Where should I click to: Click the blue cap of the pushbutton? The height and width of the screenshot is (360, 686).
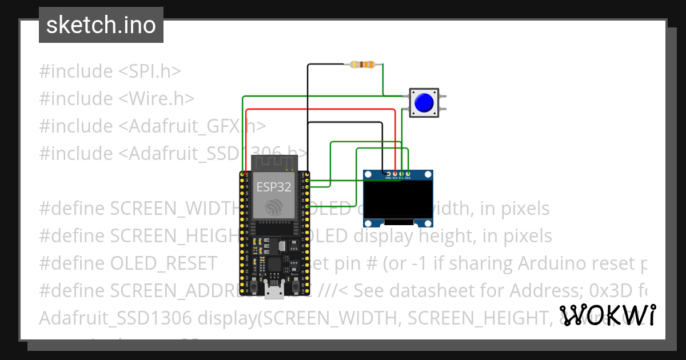tap(424, 103)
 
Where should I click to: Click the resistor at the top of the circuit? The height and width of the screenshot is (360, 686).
tap(362, 65)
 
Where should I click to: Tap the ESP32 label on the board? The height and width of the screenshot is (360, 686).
tap(274, 187)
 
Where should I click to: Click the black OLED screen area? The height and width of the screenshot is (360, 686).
tap(398, 200)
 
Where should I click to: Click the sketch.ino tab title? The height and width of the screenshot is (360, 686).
tap(101, 25)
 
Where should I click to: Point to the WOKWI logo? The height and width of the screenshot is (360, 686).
tap(607, 315)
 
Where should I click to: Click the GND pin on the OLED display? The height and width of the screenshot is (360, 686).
tap(389, 173)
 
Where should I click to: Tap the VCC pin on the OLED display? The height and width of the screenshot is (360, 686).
tap(395, 173)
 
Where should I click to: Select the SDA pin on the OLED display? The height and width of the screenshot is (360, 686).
tap(408, 173)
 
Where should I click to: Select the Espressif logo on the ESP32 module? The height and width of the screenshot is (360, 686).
tap(274, 206)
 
